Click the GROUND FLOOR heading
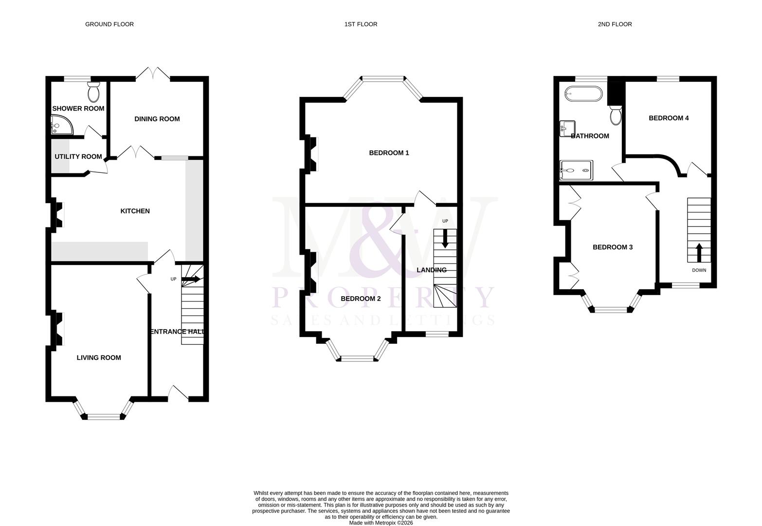(x=109, y=24)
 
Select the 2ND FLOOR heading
(x=615, y=24)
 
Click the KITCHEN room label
(x=135, y=211)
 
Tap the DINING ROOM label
(x=157, y=119)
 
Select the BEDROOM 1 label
(x=389, y=153)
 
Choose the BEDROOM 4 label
(x=669, y=118)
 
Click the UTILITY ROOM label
(x=78, y=156)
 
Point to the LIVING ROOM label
(x=99, y=357)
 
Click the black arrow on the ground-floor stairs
(x=191, y=280)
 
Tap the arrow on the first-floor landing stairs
(x=445, y=238)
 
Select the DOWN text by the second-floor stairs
(x=699, y=270)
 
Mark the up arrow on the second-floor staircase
(x=699, y=252)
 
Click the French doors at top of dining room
(x=153, y=74)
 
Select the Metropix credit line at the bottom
(x=381, y=523)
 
